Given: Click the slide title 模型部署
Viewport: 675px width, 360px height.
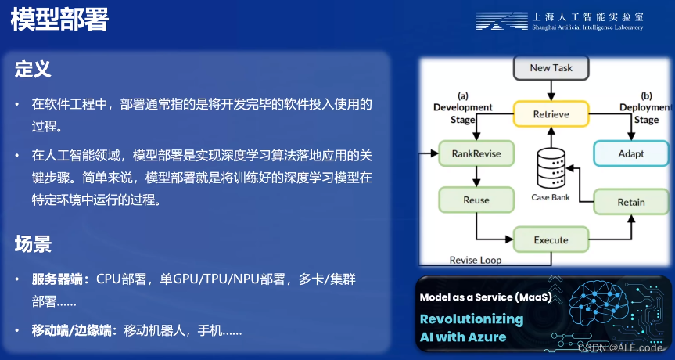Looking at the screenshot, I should click(59, 20).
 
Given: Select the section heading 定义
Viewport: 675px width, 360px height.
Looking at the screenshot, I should click(33, 69).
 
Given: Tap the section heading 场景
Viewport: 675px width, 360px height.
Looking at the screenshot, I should click(33, 243).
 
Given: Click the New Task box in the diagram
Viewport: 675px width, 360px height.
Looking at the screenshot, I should click(551, 68).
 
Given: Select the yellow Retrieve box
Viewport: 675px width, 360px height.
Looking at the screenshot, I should click(551, 114).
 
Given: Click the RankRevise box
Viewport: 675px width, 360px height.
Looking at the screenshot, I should click(476, 153).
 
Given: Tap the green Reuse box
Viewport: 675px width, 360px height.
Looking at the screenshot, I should click(476, 200).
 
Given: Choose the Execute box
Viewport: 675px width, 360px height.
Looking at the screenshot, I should click(551, 239).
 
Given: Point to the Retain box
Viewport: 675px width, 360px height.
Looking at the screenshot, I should click(630, 202).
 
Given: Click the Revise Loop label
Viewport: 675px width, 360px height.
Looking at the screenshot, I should click(476, 260).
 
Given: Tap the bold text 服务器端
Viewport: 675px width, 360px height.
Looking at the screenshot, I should click(60, 279).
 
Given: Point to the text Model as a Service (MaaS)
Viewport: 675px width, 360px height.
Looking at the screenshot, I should click(485, 297).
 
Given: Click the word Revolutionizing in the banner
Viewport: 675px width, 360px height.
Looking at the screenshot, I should click(471, 319).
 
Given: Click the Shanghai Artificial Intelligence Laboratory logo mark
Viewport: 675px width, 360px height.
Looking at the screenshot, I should click(501, 21).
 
